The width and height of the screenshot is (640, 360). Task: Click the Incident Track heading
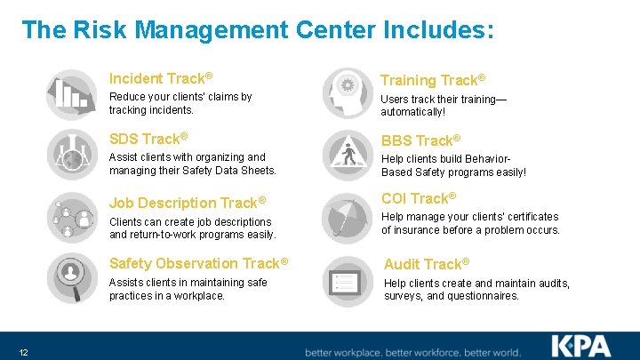[x=160, y=78]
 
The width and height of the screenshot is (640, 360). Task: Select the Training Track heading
[x=433, y=80]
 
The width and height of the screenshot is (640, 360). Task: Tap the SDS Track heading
[x=148, y=139]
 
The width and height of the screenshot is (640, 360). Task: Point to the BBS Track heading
[x=420, y=140]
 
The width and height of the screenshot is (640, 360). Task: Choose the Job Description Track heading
[x=188, y=203]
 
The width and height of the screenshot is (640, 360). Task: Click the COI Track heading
[x=419, y=198]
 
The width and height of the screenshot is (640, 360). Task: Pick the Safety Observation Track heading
[x=198, y=263]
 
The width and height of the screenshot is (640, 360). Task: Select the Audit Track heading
[x=427, y=264]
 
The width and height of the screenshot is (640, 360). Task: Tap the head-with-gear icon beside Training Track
[x=347, y=93]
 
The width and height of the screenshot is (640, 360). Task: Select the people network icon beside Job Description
[x=71, y=216]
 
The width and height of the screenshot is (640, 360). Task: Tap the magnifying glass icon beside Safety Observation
[x=71, y=277]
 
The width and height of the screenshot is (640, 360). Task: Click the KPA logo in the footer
[x=582, y=346]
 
